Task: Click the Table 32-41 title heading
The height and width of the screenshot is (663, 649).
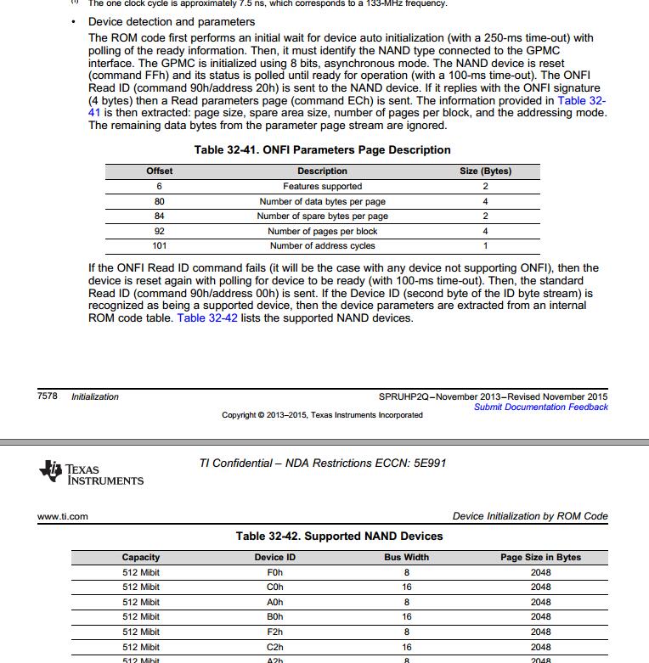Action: click(322, 150)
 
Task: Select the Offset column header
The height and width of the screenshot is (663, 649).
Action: click(159, 171)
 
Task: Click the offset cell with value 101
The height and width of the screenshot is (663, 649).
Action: click(159, 246)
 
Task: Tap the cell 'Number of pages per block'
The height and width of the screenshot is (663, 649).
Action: click(322, 231)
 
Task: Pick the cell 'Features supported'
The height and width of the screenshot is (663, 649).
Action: click(322, 186)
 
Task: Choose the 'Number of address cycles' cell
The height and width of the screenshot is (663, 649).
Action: click(322, 246)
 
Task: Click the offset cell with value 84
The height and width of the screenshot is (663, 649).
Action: click(159, 216)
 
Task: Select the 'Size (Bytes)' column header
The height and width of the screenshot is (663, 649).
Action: click(485, 171)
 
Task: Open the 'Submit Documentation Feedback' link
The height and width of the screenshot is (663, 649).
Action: click(540, 407)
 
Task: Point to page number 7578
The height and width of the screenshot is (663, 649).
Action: click(48, 396)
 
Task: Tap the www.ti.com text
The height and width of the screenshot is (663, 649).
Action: click(63, 516)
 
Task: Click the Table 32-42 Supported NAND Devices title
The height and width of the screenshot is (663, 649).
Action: click(339, 537)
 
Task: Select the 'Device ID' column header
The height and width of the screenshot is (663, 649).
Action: click(274, 558)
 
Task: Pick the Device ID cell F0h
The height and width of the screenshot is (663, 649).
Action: click(274, 573)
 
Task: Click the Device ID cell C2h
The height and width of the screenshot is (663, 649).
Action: click(274, 647)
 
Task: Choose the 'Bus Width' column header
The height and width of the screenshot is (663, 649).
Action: click(406, 558)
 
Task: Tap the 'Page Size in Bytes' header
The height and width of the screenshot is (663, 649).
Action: click(540, 558)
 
